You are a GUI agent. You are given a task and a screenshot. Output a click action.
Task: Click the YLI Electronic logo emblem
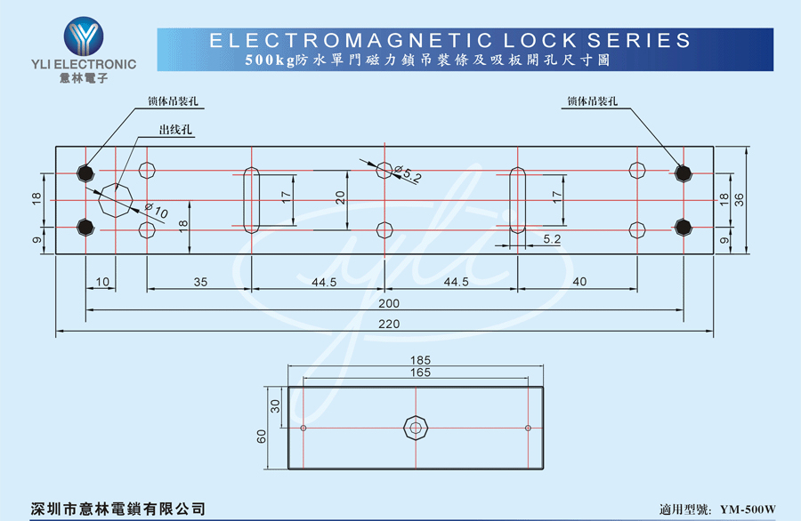coord(84,36)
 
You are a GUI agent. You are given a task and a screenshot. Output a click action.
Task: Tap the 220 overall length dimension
coord(389,324)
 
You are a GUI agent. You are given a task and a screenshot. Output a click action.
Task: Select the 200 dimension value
coord(389,303)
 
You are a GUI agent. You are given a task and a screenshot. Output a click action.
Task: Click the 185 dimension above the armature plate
coord(420,360)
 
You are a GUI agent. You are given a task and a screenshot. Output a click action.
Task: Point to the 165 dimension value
coord(420,373)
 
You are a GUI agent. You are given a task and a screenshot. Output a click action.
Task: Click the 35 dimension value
coord(201,282)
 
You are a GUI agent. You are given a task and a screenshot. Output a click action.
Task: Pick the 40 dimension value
coord(579,282)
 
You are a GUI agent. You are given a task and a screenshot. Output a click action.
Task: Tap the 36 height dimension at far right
coord(740,199)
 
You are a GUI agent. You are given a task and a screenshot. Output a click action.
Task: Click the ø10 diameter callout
coord(157,210)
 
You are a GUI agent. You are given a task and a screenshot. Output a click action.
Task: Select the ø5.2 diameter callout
coord(409,173)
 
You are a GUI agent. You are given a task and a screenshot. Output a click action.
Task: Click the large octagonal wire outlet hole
coord(116,200)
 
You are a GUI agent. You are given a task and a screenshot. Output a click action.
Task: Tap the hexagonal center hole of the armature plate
coord(416,428)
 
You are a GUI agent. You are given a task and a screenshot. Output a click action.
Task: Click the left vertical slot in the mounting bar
coord(251,200)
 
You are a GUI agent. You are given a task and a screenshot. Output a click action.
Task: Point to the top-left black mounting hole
coord(85,173)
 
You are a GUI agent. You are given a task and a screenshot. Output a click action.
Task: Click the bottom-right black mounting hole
coord(683,227)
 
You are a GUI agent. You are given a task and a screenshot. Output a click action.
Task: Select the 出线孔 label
coord(175,130)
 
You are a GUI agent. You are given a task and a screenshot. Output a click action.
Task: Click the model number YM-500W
coord(748,509)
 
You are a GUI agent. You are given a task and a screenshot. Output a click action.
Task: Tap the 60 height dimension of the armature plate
coord(262,437)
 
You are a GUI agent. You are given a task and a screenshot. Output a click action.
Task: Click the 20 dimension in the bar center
coord(340,197)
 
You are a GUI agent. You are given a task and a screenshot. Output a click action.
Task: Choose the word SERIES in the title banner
coord(639,40)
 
